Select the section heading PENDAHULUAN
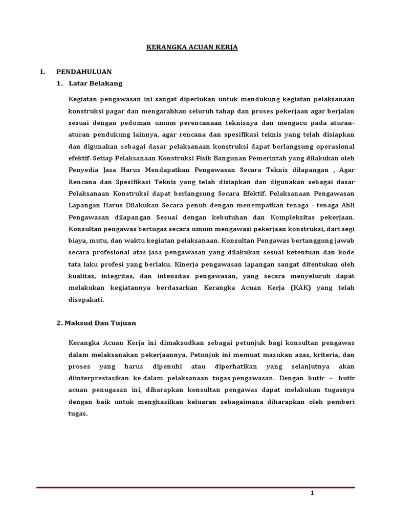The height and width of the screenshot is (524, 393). coord(84,72)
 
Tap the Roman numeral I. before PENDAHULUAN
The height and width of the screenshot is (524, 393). coord(43,72)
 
